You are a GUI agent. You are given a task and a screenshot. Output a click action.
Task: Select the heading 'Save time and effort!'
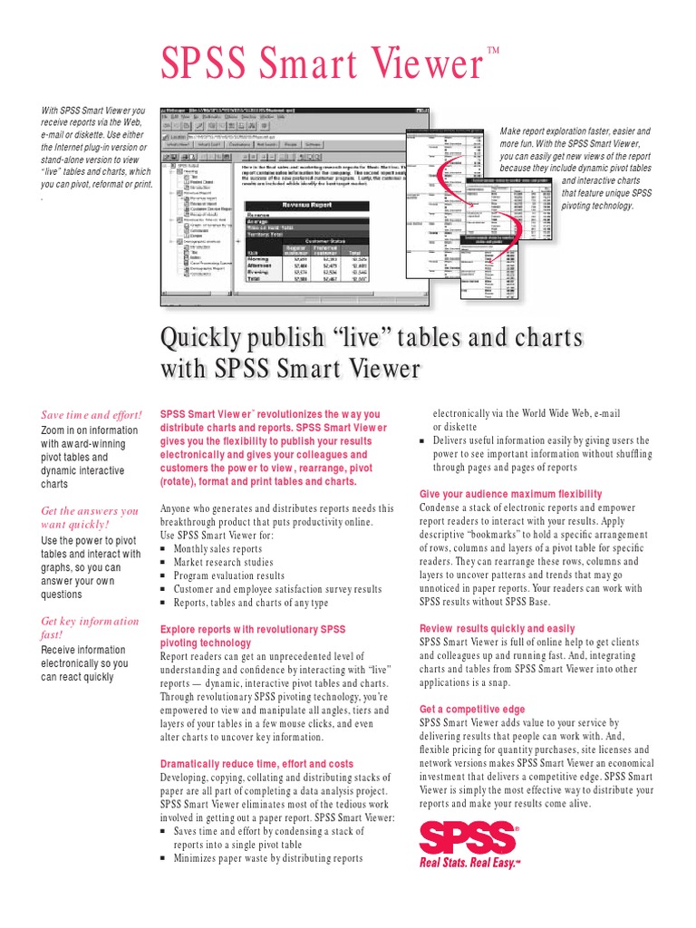click(x=92, y=415)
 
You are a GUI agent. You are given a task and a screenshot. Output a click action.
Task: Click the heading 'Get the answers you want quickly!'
click(x=90, y=517)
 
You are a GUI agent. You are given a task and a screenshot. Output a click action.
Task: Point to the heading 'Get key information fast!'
click(x=90, y=628)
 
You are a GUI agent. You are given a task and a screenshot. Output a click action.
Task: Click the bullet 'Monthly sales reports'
click(x=217, y=549)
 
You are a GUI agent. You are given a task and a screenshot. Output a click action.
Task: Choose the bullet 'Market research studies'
click(x=223, y=562)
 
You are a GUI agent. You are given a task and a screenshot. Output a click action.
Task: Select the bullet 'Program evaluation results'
click(x=228, y=575)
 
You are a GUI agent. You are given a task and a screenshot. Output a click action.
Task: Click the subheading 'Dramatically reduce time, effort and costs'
click(x=256, y=764)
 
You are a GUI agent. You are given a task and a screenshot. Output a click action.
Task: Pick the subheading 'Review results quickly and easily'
click(x=497, y=629)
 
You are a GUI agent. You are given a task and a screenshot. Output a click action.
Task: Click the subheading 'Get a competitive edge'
click(x=471, y=709)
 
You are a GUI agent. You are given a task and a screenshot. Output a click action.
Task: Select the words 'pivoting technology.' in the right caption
click(x=598, y=206)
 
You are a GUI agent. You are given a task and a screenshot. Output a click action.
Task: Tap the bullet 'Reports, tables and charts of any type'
click(x=250, y=603)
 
